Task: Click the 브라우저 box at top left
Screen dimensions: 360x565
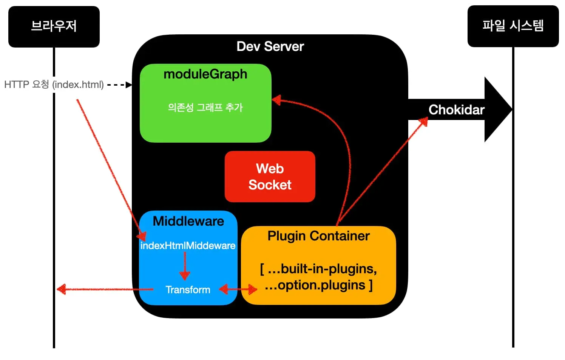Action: [54, 26]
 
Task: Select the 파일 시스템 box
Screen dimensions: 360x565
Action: [513, 26]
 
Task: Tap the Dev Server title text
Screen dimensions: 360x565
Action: [270, 46]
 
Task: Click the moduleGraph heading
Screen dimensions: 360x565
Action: [205, 74]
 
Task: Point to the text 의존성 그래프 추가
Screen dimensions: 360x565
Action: [205, 108]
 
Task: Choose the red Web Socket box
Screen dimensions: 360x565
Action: [270, 177]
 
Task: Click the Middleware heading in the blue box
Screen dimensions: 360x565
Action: [188, 221]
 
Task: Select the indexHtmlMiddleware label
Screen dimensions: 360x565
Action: [188, 246]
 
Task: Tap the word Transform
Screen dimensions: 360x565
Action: [188, 290]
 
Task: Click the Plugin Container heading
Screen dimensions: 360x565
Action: [318, 236]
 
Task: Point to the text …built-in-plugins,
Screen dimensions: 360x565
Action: [318, 269]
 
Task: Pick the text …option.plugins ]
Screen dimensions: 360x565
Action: [318, 285]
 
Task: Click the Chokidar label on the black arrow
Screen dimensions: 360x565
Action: [456, 110]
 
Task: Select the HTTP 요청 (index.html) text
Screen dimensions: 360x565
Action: [54, 85]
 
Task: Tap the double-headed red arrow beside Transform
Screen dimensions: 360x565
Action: [238, 289]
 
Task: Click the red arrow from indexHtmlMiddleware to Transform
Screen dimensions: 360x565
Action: [185, 266]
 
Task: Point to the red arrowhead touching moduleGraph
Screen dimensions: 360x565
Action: [276, 100]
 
